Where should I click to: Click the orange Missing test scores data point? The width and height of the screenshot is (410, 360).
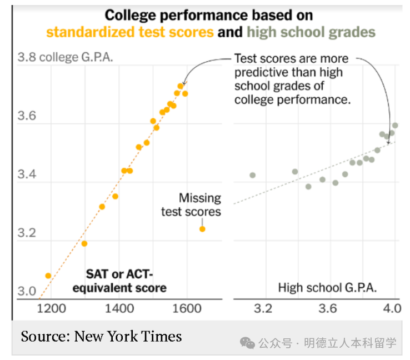202,229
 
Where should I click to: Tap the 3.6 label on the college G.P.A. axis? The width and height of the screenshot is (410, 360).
26,117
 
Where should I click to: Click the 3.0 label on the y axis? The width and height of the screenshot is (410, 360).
26,291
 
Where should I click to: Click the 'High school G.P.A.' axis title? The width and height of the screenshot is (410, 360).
327,288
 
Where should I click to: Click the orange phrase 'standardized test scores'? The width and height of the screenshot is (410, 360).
130,32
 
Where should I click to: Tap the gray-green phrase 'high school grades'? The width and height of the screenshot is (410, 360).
311,32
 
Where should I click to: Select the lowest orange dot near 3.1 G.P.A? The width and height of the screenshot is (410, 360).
48,276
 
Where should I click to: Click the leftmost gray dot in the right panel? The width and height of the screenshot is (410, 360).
252,175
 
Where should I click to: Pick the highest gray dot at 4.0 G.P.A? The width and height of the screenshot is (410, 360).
395,126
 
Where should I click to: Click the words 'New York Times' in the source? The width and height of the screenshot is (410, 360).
128,336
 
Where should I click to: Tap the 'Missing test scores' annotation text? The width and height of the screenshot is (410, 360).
191,204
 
